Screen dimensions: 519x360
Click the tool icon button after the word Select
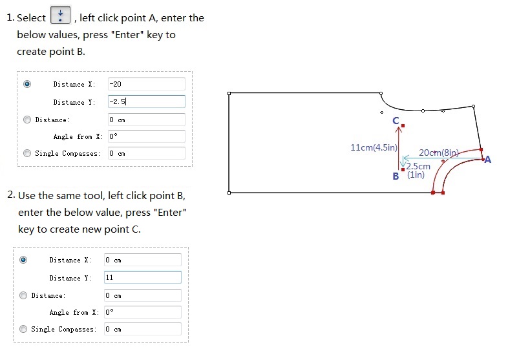click(60, 15)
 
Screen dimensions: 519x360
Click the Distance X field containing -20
click(146, 84)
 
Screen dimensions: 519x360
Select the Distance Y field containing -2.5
click(146, 101)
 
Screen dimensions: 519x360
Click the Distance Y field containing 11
click(143, 277)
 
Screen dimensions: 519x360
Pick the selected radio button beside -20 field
click(27, 84)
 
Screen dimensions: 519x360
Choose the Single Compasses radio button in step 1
click(27, 153)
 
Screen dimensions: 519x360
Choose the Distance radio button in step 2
click(23, 295)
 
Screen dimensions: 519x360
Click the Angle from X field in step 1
click(146, 136)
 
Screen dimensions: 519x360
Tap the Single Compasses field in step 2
click(143, 329)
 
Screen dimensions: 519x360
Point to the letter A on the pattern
click(487, 160)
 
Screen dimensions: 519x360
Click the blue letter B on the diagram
click(396, 176)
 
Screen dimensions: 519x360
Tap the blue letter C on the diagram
click(396, 121)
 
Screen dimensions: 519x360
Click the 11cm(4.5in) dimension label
click(374, 147)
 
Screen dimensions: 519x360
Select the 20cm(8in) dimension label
click(439, 153)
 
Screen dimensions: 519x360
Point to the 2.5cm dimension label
click(418, 166)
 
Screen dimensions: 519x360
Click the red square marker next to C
click(403, 126)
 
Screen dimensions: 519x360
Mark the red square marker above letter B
click(403, 169)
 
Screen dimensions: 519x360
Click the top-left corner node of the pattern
click(229, 94)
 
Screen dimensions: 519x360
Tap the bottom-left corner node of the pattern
click(229, 193)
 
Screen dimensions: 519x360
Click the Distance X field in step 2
click(143, 260)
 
